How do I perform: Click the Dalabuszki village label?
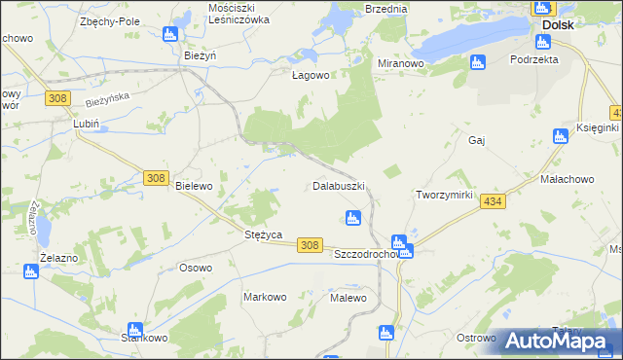[x=339, y=185]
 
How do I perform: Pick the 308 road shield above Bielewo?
[x=155, y=178]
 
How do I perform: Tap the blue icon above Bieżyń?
[x=171, y=36]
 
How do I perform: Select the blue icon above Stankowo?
[x=134, y=330]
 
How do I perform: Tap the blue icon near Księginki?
[x=560, y=136]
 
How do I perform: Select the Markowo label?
[x=264, y=297]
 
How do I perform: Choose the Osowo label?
[x=196, y=269]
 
